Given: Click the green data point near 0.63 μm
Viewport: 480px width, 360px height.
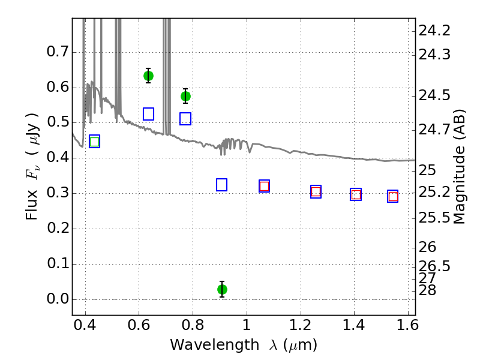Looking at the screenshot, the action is pos(148,76).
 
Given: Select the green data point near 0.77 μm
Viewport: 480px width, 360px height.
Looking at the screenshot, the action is pos(185,97).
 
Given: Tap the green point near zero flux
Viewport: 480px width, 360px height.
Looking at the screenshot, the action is pos(222,289).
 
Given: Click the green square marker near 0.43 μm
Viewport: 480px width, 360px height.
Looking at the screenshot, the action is pos(95,142).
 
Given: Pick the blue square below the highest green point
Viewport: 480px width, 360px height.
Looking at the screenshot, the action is pos(148,114).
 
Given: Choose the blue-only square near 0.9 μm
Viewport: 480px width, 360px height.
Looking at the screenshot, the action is pos(221,185).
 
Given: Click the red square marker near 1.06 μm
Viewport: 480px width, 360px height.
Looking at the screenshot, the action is pos(264,186).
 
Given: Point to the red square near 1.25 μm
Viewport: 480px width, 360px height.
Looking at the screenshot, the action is pos(316,192).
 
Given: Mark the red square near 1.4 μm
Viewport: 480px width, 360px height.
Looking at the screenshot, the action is pos(356,194).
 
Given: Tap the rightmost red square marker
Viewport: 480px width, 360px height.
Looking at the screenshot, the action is pos(393,196).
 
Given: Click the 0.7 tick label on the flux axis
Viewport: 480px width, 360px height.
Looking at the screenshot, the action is pos(58,52).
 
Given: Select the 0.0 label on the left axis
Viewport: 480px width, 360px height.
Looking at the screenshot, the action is pos(58,299).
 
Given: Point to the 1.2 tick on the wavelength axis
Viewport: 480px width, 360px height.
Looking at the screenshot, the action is pos(301,325).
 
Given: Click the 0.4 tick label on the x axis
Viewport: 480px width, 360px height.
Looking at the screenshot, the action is pos(85,325).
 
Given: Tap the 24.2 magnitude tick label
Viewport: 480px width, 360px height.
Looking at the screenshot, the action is pos(434,31).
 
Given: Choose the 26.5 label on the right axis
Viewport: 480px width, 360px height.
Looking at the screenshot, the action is pos(434,266).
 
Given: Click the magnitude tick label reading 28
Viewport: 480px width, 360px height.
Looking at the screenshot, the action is pos(427,290).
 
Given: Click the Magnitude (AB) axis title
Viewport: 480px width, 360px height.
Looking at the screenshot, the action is pos(458,167).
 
